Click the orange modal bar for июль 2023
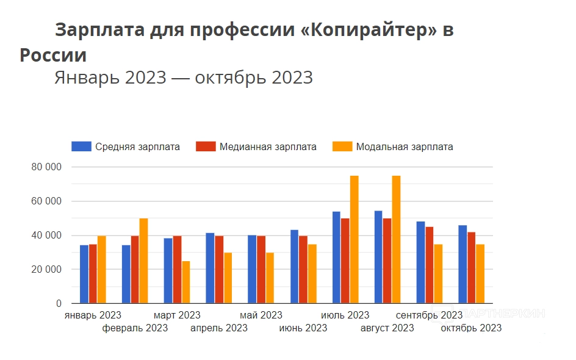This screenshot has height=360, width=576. point(354,239)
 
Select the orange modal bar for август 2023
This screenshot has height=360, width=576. point(396,239)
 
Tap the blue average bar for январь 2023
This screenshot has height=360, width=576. point(84,274)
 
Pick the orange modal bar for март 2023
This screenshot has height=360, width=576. point(185,282)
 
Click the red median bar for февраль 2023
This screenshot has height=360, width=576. point(135,270)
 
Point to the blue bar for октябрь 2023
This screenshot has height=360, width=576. point(463,264)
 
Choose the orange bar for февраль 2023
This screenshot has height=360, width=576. point(143,261)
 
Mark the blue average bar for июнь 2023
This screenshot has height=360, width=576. point(294,267)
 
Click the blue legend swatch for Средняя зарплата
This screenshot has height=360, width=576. point(81,146)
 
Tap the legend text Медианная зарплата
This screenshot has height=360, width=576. point(268,147)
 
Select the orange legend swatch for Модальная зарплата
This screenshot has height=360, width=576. point(342,146)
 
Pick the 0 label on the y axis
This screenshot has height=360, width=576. point(59,303)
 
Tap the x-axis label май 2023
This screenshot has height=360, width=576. point(261,315)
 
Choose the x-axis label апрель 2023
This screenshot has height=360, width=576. point(219,328)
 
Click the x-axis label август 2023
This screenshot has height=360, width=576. point(387,328)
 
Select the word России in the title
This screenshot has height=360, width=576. point(53,55)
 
